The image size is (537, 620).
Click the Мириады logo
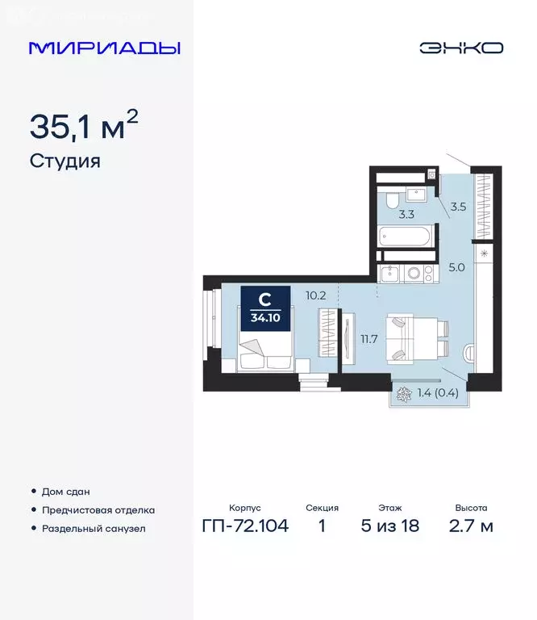coord(105,48)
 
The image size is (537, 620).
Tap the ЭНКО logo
coord(460,48)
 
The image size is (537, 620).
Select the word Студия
coord(65,161)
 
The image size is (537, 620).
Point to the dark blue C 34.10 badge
coord(264,306)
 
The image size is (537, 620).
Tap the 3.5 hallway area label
coord(458,207)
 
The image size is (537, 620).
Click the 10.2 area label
coord(315,295)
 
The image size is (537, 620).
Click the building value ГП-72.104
coord(244,527)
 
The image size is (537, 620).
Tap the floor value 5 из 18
coord(389,527)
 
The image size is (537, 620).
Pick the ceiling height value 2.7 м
coord(471,527)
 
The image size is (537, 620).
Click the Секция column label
coord(322,509)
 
